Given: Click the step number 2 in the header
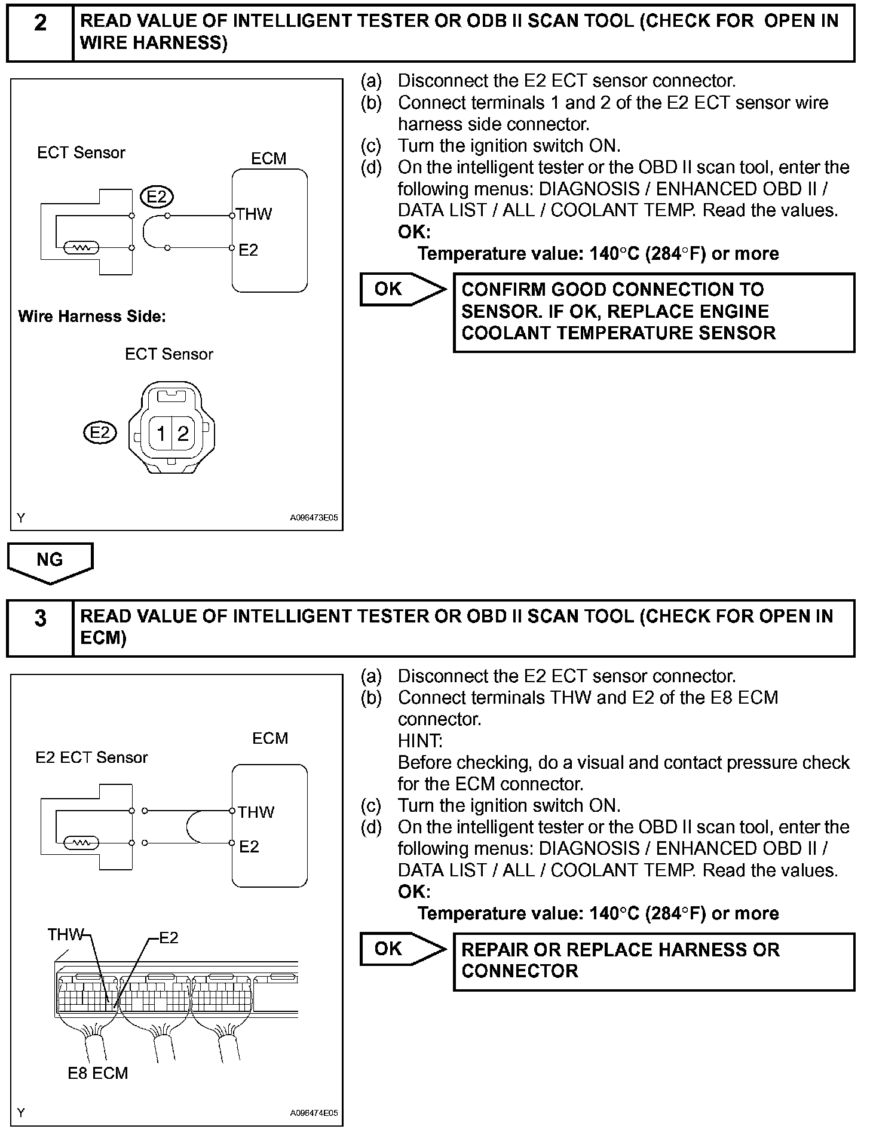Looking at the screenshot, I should pyautogui.click(x=40, y=23).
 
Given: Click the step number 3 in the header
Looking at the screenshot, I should pyautogui.click(x=40, y=618).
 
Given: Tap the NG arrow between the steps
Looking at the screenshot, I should pyautogui.click(x=50, y=562).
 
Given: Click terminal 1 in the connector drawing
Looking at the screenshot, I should pyautogui.click(x=161, y=433).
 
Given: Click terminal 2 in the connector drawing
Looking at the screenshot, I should pyautogui.click(x=183, y=433).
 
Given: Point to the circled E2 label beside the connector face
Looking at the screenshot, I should pyautogui.click(x=100, y=432).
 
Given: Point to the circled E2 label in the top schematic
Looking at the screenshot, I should pyautogui.click(x=157, y=196).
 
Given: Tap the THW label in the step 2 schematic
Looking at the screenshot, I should pyautogui.click(x=254, y=214).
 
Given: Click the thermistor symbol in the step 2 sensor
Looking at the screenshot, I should pyautogui.click(x=81, y=247).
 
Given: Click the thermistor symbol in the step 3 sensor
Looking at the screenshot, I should pyautogui.click(x=81, y=843).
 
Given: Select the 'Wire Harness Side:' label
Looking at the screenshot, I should pyautogui.click(x=92, y=316).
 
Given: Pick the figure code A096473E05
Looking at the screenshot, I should pyautogui.click(x=314, y=518).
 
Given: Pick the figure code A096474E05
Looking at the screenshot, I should pyautogui.click(x=314, y=1113).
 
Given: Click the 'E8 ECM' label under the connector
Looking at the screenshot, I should pyautogui.click(x=97, y=1073).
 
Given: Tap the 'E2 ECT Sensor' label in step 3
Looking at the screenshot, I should pyautogui.click(x=91, y=757).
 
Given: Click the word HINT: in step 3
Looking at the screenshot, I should pyautogui.click(x=420, y=741).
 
